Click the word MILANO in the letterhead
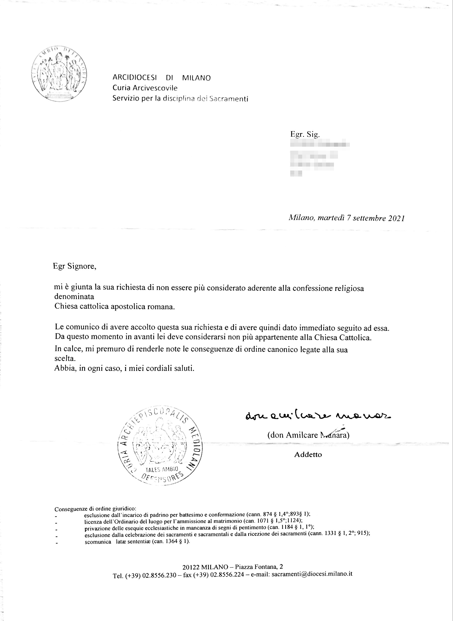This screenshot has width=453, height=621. [x=196, y=78]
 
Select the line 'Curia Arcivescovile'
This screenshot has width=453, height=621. [x=145, y=88]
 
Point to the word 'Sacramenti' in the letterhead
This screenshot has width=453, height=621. [x=228, y=99]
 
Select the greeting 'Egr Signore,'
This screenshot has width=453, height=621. [x=75, y=266]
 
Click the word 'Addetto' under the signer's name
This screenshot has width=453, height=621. [x=308, y=454]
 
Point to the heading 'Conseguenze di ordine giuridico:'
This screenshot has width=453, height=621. [x=97, y=509]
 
